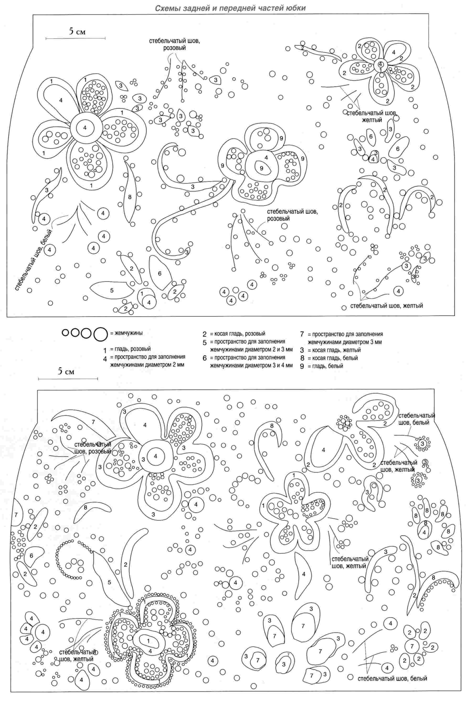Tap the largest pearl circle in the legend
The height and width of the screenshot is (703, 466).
tap(100, 334)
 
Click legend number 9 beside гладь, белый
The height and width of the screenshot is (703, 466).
tap(302, 366)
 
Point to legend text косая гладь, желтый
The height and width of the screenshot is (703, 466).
tap(334, 350)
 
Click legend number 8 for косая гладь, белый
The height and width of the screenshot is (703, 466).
tap(302, 358)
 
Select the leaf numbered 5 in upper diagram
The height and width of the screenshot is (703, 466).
tap(111, 290)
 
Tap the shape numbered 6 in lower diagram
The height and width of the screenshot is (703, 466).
tap(31, 556)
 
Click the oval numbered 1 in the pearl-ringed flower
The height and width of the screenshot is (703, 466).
tap(148, 641)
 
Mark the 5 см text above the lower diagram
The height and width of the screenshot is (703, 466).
tap(66, 372)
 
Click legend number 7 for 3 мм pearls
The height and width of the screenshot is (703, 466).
tap(302, 334)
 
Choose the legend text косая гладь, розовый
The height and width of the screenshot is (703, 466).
tap(238, 334)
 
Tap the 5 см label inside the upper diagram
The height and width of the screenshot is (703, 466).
tap(78, 32)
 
